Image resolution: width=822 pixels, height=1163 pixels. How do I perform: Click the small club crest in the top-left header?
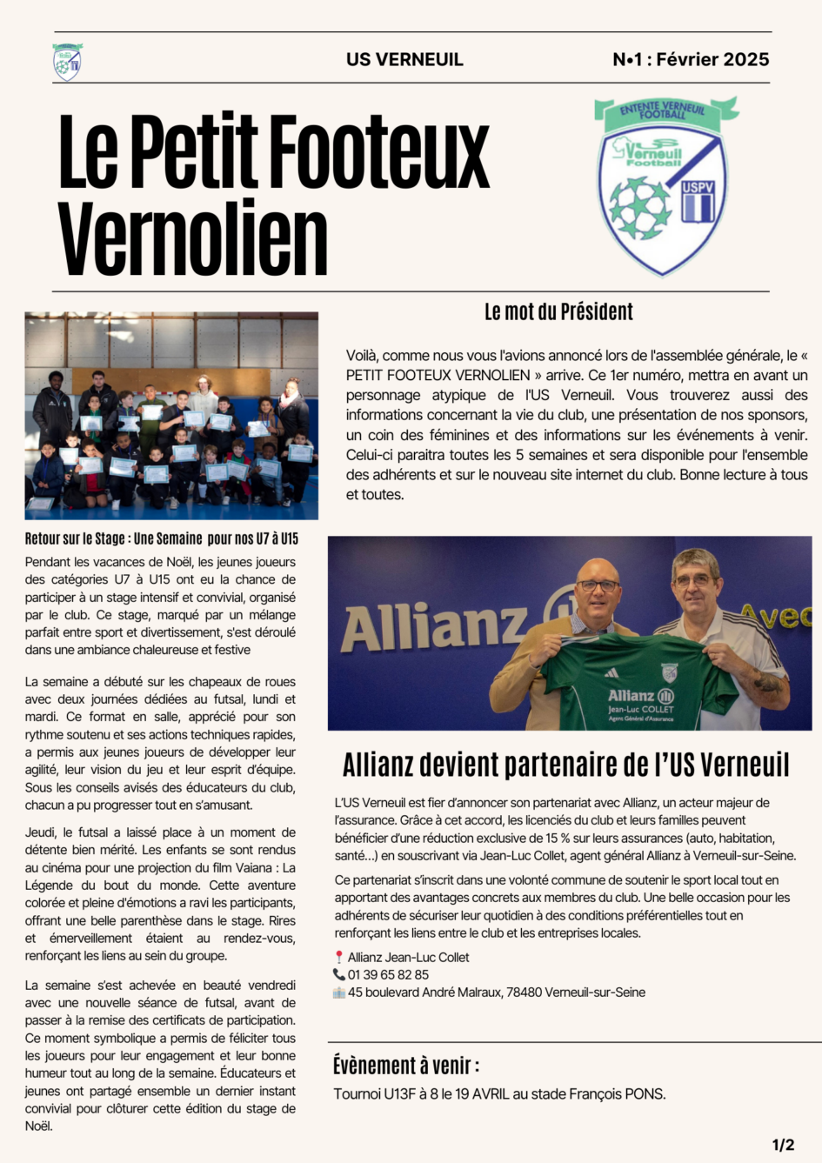click(67, 62)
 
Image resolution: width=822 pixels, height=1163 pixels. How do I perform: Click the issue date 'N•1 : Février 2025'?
click(691, 59)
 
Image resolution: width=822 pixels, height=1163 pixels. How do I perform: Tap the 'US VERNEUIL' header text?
click(404, 60)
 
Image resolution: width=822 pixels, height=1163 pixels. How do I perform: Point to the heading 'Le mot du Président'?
click(558, 311)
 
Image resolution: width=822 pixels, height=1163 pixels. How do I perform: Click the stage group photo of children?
click(171, 415)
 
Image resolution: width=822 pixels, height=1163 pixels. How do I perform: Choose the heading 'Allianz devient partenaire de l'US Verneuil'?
click(565, 765)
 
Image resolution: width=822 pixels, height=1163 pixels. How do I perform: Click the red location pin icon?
click(339, 957)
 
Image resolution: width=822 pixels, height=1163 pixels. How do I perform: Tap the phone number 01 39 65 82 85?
click(388, 975)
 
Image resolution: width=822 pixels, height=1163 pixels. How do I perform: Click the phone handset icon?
click(339, 975)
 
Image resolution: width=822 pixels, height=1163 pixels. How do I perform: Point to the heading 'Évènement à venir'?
click(405, 1066)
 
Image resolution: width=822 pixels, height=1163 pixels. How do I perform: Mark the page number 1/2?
click(783, 1145)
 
